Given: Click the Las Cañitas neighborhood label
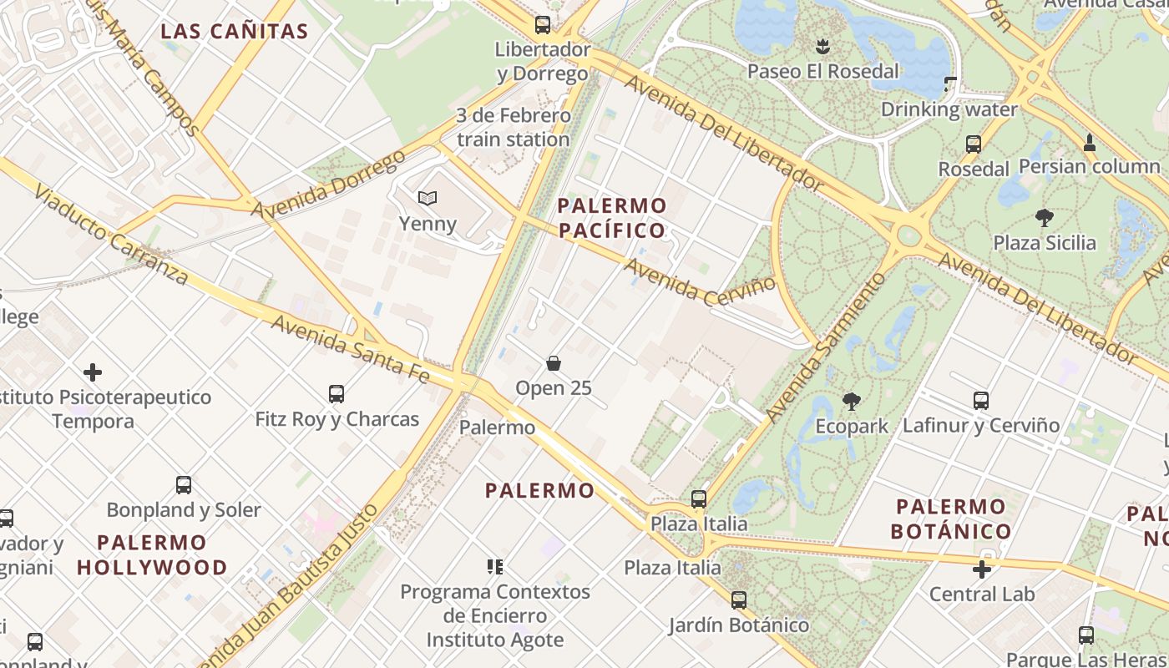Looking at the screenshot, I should (x=235, y=32).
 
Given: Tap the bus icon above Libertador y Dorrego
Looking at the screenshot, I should (x=543, y=24).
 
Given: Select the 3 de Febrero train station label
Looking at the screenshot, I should (x=513, y=127).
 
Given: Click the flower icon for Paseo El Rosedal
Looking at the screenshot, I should (x=823, y=45).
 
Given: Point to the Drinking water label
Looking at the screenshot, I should (x=949, y=109).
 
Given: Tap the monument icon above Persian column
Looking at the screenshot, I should (x=1089, y=142).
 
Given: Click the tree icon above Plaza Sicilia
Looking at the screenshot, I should (x=1044, y=219).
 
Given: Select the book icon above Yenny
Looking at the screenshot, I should (x=428, y=199).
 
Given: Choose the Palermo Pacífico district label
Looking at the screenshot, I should (x=612, y=218).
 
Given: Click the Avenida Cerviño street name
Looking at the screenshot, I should (x=700, y=281).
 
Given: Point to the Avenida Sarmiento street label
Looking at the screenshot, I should (x=824, y=347).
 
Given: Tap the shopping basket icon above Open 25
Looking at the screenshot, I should (x=553, y=363).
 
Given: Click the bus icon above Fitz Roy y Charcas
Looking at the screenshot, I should (x=337, y=394).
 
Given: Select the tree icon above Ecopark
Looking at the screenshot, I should (x=852, y=402).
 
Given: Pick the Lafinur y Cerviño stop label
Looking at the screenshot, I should (x=980, y=425).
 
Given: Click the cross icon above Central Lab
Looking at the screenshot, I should (x=982, y=569).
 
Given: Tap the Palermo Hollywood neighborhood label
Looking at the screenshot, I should (x=152, y=554).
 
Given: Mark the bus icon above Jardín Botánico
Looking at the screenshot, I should (x=739, y=600).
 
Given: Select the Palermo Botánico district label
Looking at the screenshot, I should (x=951, y=519).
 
